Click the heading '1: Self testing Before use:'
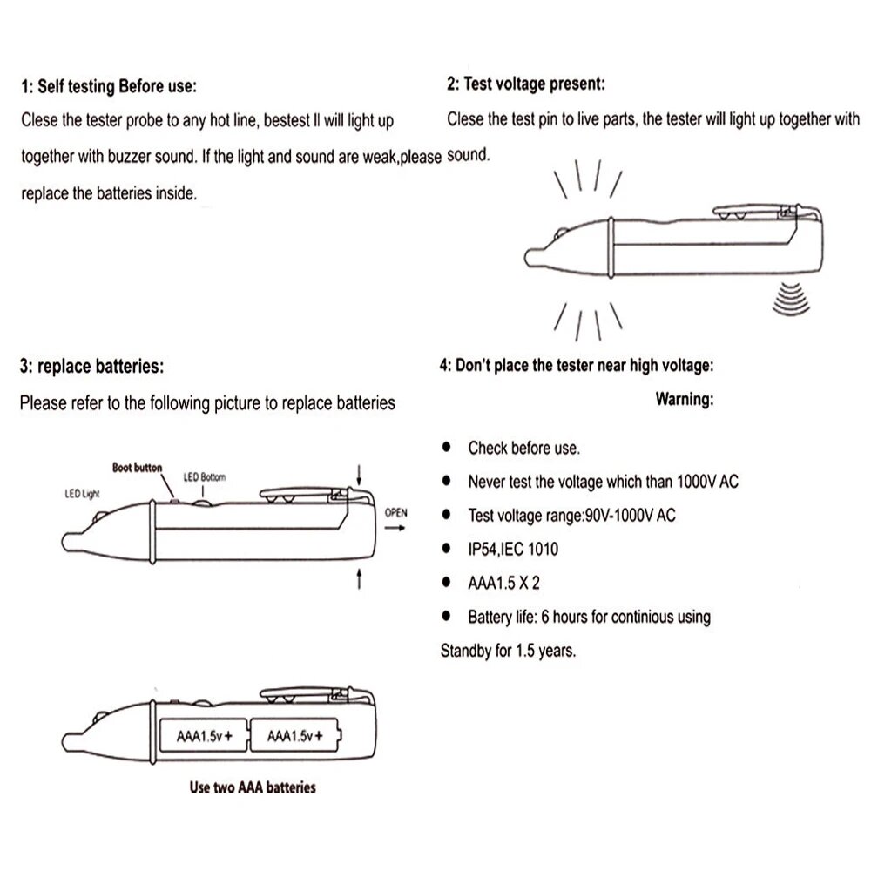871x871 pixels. [x=109, y=87]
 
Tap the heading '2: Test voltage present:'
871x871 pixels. [x=525, y=84]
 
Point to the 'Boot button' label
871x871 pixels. [x=137, y=468]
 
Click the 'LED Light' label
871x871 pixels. [x=84, y=492]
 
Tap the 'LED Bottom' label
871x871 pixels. [x=204, y=477]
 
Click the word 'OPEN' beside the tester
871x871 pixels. [x=395, y=512]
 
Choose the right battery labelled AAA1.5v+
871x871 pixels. [x=296, y=736]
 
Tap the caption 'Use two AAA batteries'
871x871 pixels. [x=253, y=788]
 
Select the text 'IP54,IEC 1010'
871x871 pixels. [x=513, y=549]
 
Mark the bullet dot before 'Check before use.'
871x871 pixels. [x=447, y=448]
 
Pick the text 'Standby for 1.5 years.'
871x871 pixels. [x=508, y=651]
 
